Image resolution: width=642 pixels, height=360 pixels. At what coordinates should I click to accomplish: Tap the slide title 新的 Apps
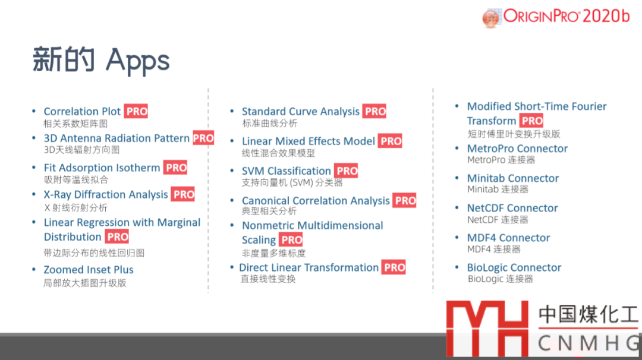pos(100,60)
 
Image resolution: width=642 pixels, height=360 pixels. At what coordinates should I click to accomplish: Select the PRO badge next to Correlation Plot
pos(136,111)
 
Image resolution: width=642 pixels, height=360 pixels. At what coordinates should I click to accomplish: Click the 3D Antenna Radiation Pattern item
pos(117,138)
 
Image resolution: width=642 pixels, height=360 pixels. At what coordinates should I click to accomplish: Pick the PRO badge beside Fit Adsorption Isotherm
pos(175,168)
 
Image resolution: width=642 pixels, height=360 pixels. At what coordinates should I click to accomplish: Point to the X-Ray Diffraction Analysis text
pos(106,194)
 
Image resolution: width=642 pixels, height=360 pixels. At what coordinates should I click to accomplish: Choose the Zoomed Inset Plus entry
pos(89,270)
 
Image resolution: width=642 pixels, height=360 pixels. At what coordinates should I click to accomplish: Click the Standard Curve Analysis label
pos(301,111)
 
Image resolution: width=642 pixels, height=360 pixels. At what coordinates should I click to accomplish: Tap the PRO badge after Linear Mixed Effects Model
pos(390,141)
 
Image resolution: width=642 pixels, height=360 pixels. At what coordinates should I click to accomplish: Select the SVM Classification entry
pos(286,170)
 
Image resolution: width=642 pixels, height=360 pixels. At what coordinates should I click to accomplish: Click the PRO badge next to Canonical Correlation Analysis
pos(405,200)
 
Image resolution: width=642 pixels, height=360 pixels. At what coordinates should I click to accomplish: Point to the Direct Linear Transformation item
pos(309,267)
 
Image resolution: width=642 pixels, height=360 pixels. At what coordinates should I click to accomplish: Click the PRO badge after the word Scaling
pos(291,240)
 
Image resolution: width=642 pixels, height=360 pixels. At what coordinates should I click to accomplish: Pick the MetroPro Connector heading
pos(518,149)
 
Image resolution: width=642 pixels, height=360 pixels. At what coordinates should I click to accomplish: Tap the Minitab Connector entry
pos(513,178)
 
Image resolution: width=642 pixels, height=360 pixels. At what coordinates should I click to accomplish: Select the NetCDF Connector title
pos(512,209)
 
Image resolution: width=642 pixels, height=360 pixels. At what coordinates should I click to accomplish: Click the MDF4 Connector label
pos(508,238)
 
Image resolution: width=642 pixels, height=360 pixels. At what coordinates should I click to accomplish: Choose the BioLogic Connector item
pos(514,267)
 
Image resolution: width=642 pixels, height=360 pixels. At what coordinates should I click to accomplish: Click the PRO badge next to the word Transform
pos(531,121)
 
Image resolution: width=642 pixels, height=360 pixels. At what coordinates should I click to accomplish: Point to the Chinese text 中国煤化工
pos(588,315)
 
